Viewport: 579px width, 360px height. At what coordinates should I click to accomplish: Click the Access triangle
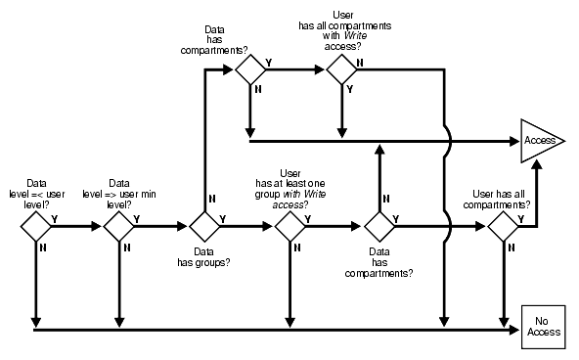[539, 140]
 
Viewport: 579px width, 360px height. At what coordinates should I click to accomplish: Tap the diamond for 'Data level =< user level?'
[35, 226]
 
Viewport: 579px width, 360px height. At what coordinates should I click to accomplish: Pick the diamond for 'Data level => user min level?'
[119, 226]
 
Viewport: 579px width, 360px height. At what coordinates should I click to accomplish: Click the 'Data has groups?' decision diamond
[204, 226]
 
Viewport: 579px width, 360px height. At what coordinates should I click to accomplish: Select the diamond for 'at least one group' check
[289, 226]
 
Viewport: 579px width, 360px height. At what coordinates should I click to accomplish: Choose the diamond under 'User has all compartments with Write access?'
[341, 68]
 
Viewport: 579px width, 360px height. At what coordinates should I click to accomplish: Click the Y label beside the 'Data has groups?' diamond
[223, 218]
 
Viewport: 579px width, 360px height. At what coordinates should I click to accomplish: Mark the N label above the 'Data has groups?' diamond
[199, 203]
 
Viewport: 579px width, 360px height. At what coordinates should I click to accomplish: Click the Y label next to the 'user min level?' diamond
[138, 218]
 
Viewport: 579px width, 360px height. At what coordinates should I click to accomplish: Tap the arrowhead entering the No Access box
[517, 329]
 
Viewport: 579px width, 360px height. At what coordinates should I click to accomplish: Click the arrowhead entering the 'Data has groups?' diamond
[183, 226]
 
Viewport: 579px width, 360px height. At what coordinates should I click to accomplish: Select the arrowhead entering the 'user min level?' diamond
[98, 226]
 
